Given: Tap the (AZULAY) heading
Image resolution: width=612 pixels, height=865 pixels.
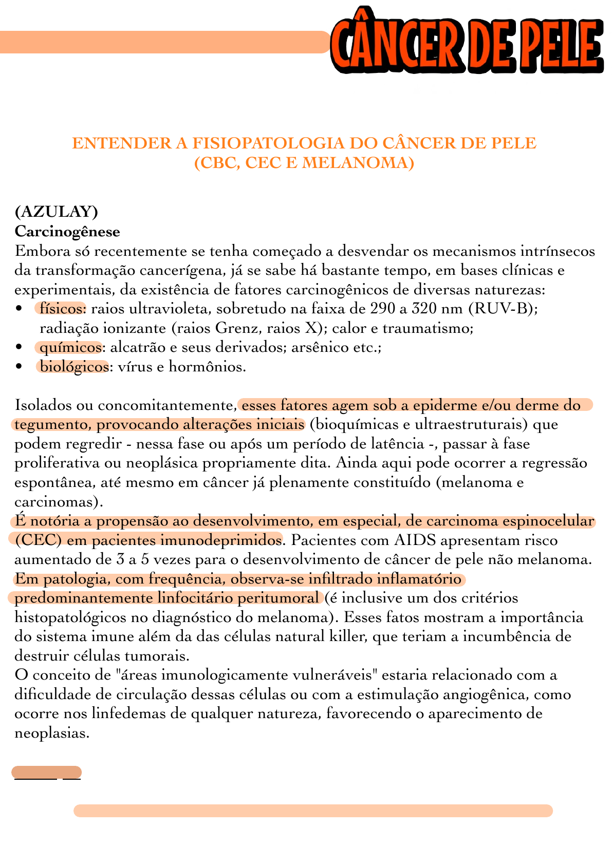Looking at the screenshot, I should (x=57, y=211).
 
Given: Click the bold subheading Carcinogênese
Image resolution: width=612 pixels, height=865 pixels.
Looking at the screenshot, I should (x=67, y=231).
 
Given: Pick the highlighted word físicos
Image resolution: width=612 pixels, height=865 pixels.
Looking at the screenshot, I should (x=62, y=309).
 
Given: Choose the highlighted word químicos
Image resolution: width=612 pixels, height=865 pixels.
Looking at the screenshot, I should (x=70, y=347).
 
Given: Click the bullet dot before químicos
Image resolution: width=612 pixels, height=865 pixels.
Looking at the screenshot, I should (x=20, y=347).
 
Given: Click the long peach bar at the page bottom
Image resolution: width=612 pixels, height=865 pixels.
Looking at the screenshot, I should (x=313, y=811).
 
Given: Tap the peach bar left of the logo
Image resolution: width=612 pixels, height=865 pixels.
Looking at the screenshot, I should (x=164, y=42).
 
